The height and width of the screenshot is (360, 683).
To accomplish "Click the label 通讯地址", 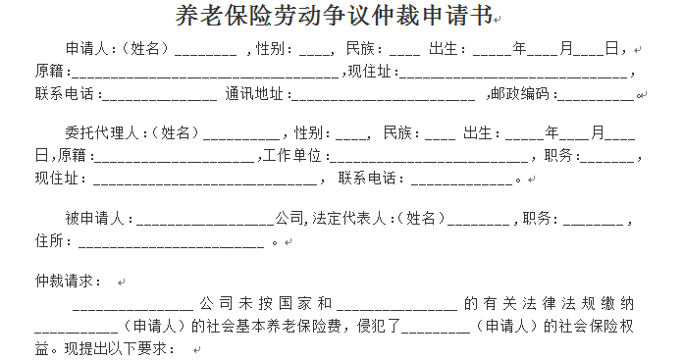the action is [x=255, y=95].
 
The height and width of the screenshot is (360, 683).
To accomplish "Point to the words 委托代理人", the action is [x=97, y=132].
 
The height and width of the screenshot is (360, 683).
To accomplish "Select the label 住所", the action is [x=49, y=240].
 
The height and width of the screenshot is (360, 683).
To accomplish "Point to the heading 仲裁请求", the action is [x=68, y=281].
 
